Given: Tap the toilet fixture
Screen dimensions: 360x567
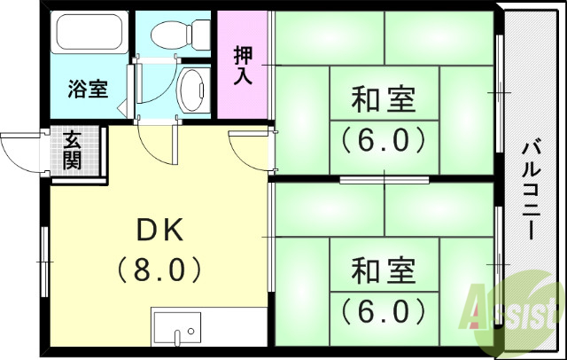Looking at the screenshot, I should click(x=175, y=34).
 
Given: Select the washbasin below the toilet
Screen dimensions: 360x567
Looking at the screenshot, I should click(x=190, y=90).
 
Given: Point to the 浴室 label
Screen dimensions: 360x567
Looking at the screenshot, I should click(x=88, y=89).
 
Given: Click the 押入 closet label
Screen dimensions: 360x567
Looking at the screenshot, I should click(x=243, y=65).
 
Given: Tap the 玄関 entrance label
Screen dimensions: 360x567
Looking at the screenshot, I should click(x=71, y=151).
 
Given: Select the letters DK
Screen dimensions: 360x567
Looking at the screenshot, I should click(x=159, y=231).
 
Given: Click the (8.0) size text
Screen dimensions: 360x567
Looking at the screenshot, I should click(x=160, y=268).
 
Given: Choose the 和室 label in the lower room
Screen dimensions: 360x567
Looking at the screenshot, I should click(x=384, y=270).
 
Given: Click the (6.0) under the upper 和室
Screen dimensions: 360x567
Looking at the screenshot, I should click(x=384, y=139).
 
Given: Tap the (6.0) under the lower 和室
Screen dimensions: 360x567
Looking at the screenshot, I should click(x=384, y=310).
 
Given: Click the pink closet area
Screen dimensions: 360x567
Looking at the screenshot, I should click(x=242, y=89).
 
